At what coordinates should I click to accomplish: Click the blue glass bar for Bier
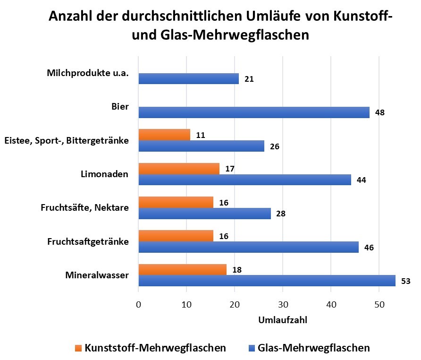(254, 112)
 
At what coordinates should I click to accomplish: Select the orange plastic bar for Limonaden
(179, 169)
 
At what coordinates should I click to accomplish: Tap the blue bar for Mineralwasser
(267, 281)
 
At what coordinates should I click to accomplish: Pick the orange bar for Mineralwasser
(182, 270)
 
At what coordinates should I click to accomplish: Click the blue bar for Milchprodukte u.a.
(189, 79)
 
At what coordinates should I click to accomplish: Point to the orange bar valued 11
(164, 135)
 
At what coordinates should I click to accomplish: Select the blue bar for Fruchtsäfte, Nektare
(204, 214)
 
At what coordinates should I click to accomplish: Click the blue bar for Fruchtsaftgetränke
(248, 247)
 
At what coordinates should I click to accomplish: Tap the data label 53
(406, 282)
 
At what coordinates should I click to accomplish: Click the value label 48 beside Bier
(380, 113)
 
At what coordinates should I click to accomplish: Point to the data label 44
(362, 180)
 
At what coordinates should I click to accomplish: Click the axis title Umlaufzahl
(283, 320)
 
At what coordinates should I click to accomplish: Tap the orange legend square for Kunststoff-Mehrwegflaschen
(78, 349)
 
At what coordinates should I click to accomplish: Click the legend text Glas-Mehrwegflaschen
(313, 348)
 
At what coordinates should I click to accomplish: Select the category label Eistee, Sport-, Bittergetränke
(66, 140)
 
